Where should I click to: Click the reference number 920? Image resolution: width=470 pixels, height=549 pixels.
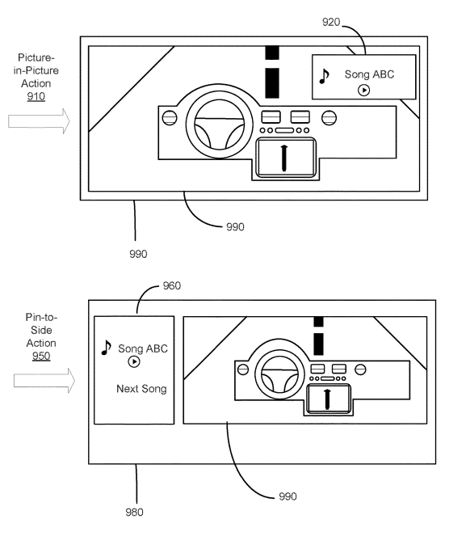(331, 22)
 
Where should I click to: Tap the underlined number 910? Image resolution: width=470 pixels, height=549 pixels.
(36, 96)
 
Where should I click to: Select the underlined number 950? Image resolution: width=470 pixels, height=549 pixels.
(41, 356)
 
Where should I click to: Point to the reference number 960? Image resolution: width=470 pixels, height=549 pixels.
(172, 285)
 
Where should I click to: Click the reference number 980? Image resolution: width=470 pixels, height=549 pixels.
(134, 513)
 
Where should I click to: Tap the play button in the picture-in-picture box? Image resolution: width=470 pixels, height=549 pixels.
(363, 91)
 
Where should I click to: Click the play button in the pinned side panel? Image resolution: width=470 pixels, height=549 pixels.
(134, 361)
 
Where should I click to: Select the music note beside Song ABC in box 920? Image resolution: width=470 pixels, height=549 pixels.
(324, 76)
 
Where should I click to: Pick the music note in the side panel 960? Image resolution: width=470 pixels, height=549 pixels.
(106, 348)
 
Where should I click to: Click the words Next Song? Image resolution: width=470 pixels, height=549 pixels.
(141, 389)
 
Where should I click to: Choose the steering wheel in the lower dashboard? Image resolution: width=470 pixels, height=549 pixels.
(279, 374)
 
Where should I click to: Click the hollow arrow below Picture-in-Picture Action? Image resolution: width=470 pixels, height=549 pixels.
(39, 121)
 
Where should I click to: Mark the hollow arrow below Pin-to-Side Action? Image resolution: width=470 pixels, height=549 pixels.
(44, 381)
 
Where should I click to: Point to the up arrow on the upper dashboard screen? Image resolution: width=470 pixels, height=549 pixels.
(284, 158)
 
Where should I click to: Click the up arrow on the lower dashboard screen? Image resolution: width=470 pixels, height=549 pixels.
(327, 399)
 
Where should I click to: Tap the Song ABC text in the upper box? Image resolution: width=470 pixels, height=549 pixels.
(369, 74)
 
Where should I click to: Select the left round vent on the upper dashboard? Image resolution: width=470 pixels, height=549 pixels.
(170, 118)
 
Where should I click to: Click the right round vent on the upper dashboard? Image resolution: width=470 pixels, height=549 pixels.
(329, 118)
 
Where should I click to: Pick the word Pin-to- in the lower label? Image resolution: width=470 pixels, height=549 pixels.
(41, 317)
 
